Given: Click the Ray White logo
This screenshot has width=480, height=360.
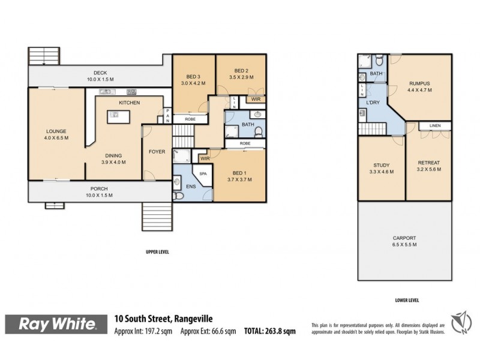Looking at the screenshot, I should (x=58, y=325).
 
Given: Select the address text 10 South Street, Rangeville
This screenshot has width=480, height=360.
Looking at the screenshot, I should (x=164, y=319).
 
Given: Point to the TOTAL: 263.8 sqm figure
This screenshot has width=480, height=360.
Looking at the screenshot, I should (x=270, y=331).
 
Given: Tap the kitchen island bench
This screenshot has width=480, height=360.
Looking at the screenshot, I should (x=118, y=116).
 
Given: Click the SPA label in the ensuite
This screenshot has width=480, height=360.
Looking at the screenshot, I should (x=203, y=173).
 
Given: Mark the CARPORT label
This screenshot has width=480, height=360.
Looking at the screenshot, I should (x=405, y=238).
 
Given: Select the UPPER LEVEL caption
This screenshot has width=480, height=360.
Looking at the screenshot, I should (x=157, y=252).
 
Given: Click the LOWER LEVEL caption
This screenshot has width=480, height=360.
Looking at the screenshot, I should (x=406, y=300).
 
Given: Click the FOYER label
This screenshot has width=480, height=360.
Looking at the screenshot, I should (x=157, y=152).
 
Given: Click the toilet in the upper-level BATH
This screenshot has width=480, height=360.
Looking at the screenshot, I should (x=259, y=132).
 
